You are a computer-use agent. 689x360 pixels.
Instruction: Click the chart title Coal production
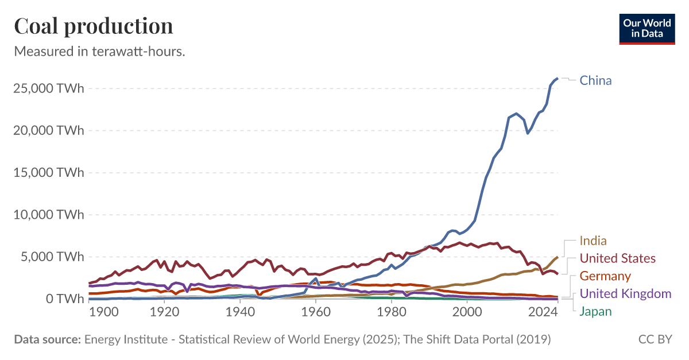pos(93,26)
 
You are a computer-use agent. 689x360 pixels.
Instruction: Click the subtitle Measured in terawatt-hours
pos(99,51)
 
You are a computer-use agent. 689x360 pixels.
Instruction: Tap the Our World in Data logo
pos(647,28)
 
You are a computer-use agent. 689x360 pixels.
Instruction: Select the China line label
pos(595,80)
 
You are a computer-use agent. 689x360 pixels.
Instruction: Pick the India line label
pos(593,241)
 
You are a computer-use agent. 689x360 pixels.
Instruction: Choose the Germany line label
pos(605,276)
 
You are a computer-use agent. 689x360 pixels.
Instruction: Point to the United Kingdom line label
pos(625,294)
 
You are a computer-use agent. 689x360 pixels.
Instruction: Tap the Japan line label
pos(595,312)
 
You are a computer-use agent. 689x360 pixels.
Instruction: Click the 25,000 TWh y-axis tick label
pos(48,88)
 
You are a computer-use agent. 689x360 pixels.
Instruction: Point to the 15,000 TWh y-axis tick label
pos(48,172)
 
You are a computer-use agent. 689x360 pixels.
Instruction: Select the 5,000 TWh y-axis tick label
pos(52,257)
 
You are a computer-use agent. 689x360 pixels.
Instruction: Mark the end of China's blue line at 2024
pos(557,78)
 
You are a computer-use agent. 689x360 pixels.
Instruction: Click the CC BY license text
pos(655,340)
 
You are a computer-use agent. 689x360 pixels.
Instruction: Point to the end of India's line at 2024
pos(557,257)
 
